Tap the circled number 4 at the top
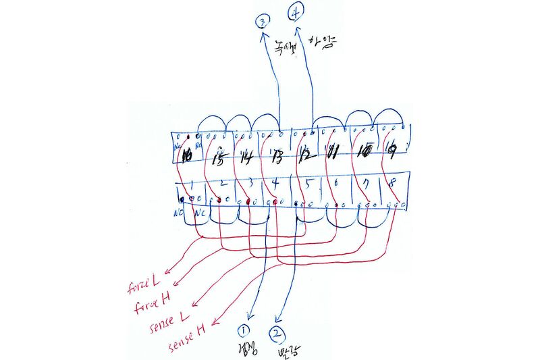point(296,12)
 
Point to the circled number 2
point(277,333)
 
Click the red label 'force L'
point(143,284)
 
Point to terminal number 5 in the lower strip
point(307,184)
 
